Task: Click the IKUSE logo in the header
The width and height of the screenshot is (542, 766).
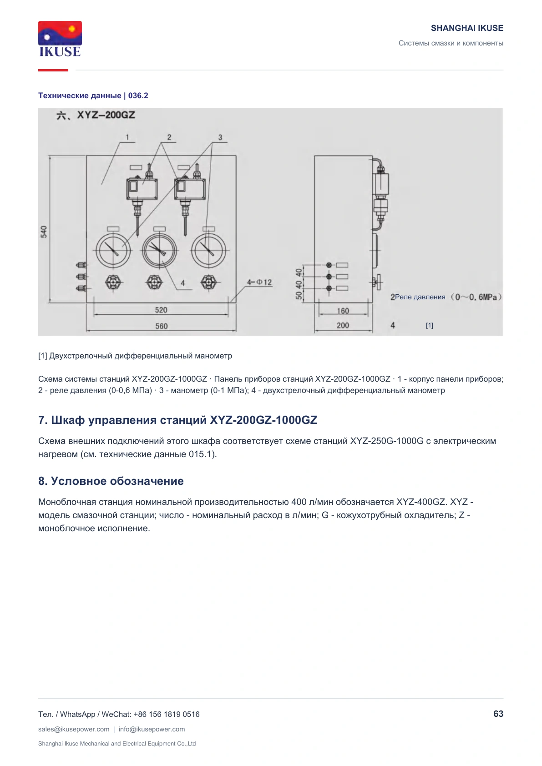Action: click(x=60, y=39)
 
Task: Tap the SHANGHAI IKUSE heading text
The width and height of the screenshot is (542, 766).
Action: click(x=467, y=28)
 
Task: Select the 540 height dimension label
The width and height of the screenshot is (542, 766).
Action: click(x=44, y=232)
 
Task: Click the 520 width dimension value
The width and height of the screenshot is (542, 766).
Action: click(x=161, y=310)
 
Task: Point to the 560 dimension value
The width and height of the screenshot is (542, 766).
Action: click(x=161, y=326)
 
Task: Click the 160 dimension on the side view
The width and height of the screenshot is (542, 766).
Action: click(x=343, y=311)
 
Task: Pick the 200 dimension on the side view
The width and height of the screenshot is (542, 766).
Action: click(x=343, y=325)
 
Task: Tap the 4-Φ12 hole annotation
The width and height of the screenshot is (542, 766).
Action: click(x=259, y=282)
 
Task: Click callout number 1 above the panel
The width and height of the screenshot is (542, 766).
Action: click(x=127, y=137)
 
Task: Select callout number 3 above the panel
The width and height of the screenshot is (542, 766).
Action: click(x=220, y=137)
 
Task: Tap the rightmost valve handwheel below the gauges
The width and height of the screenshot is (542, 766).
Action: click(x=208, y=282)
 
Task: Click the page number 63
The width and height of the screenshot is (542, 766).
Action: click(x=498, y=714)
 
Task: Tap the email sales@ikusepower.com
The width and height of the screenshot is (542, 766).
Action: click(x=74, y=729)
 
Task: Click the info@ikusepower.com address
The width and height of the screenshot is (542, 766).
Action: click(x=152, y=729)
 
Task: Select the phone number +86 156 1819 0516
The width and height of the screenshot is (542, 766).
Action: click(x=167, y=714)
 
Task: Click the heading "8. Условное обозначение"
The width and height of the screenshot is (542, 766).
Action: click(x=111, y=481)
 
